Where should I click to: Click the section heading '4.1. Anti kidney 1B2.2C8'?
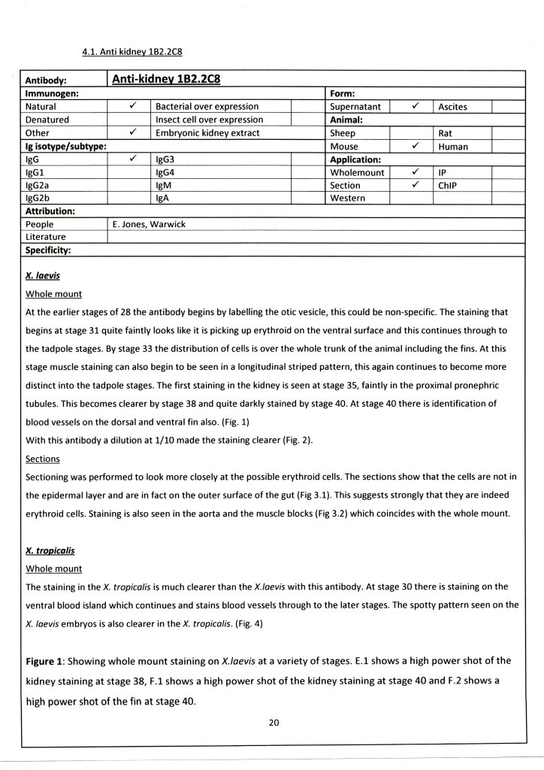click(x=132, y=52)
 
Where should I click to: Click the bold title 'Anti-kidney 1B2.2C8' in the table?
click(x=165, y=79)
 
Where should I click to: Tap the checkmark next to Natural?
click(x=131, y=106)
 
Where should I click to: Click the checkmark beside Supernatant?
click(x=414, y=106)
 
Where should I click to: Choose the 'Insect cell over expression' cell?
click(x=209, y=120)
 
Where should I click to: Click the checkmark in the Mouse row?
click(x=414, y=146)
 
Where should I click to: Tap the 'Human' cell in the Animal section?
click(x=453, y=147)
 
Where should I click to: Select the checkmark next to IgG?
click(x=131, y=159)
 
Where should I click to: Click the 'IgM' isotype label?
click(x=164, y=185)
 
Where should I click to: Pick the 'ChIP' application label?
click(x=449, y=185)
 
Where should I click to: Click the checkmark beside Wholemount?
click(x=414, y=172)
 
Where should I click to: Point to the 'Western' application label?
click(x=348, y=199)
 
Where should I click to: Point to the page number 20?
click(x=274, y=723)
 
